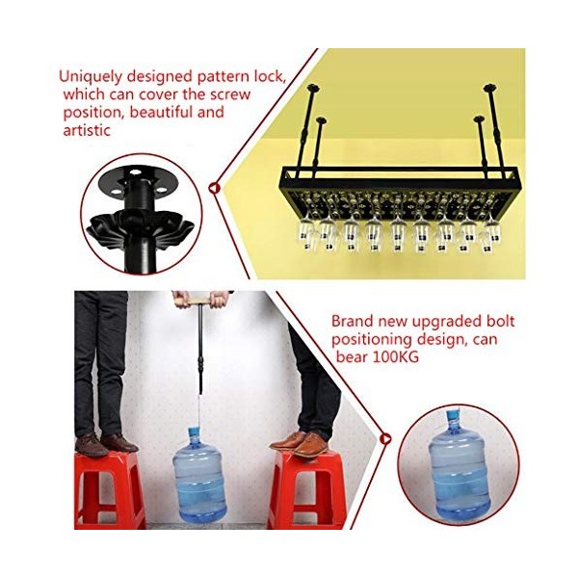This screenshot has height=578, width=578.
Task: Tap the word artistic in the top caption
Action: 87,130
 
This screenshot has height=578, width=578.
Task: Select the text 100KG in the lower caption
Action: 396,356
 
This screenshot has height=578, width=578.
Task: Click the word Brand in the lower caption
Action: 352,321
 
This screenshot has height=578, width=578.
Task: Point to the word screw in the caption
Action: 230,94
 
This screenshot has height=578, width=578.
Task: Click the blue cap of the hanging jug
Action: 194,432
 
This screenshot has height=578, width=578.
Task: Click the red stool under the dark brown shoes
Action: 109,490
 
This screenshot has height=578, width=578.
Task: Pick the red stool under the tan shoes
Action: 307,490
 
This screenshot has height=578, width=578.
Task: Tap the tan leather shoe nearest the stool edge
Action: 311,445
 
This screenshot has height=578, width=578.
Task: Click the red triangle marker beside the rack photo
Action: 214,188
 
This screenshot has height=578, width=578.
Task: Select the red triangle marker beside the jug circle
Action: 386,438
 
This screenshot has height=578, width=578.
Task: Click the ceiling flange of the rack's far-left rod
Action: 313,88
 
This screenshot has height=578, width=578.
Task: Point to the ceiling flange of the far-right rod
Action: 490,88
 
